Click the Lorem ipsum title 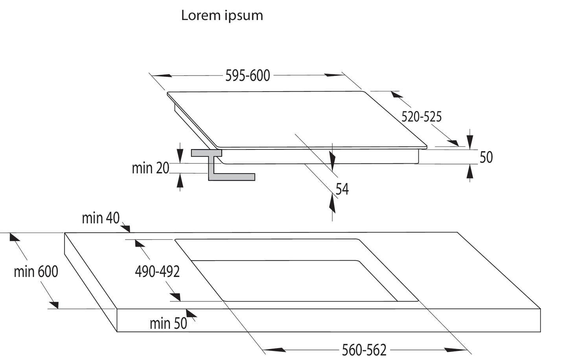coord(222,16)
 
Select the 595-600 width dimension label coord(248,76)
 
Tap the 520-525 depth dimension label coord(421,117)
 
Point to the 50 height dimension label coord(486,157)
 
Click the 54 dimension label coord(342,189)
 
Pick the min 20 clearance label coord(151,168)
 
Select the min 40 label coord(101,218)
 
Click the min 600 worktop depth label coord(36,272)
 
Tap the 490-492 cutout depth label coord(157,272)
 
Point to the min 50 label coord(168,323)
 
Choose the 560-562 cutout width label coord(364,350)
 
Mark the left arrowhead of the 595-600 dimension coord(162,76)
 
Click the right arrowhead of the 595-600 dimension coord(333,75)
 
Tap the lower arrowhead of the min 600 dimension coord(54,305)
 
